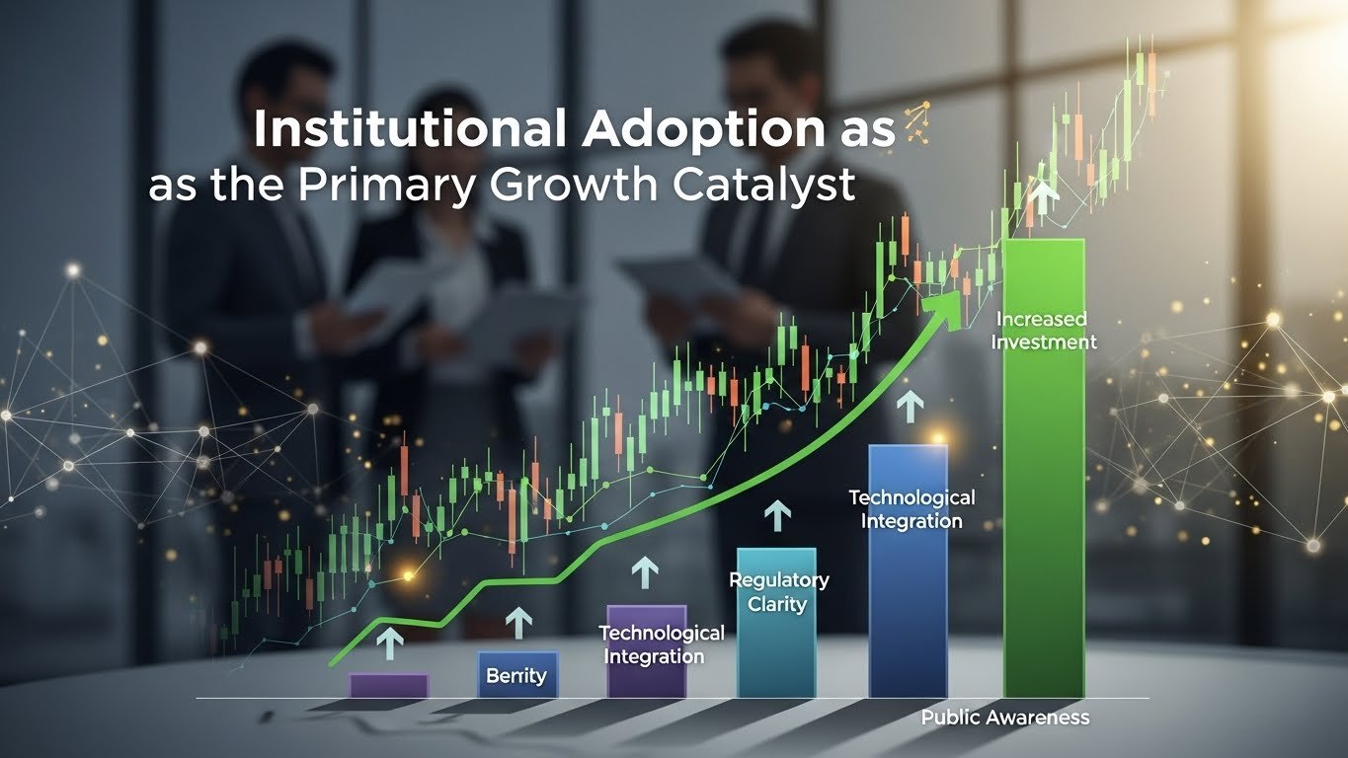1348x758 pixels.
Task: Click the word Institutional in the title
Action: pos(409,128)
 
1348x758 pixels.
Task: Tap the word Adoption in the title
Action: pos(700,128)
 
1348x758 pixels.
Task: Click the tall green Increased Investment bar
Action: pos(1044,468)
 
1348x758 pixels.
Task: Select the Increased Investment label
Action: pos(1044,331)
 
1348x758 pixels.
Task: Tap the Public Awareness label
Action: pos(1005,718)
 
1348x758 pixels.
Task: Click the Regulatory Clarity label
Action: pos(779,592)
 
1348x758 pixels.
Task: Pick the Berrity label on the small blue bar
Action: pos(516,675)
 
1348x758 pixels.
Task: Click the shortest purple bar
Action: pos(389,686)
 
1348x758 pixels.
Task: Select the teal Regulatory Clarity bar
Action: pos(776,623)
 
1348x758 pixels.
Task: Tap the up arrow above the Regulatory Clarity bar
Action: pos(777,515)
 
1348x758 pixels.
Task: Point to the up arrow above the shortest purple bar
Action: pos(389,644)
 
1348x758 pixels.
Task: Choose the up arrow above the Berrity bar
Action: pos(518,623)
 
